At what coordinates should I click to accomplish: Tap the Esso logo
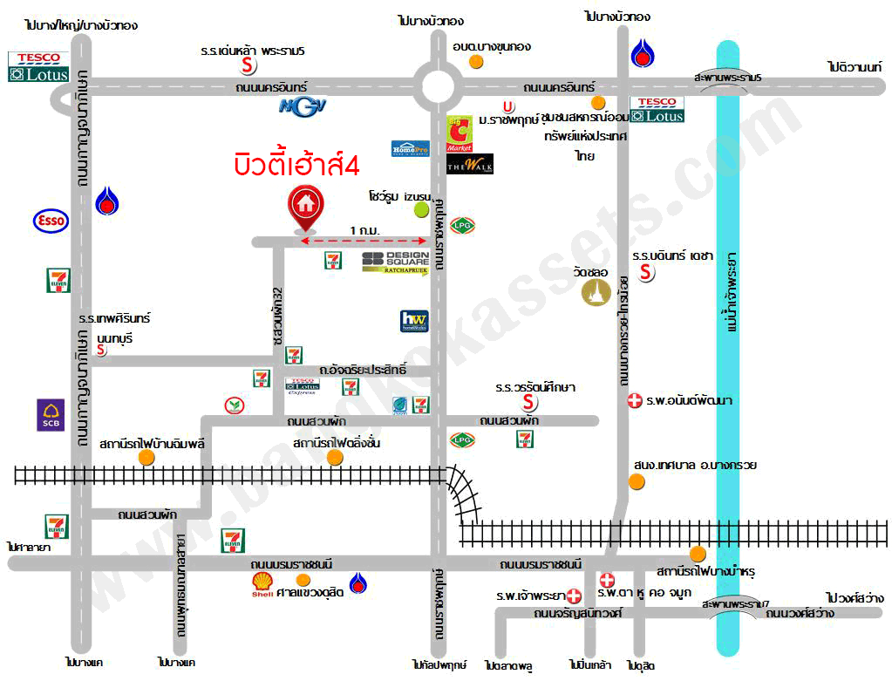coord(51,221)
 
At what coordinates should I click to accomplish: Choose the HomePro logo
coord(410,149)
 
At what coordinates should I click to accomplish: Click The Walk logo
coord(470,164)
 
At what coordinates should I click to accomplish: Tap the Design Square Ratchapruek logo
coord(395,262)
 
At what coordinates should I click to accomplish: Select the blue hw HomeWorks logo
coord(413,321)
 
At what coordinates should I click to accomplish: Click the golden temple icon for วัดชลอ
coord(596,294)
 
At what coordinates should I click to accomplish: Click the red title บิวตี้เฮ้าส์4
coord(296,165)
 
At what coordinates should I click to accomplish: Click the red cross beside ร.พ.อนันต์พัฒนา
coord(635,401)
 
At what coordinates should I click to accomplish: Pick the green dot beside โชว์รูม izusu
coord(421,209)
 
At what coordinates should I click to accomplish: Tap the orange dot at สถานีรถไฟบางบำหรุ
coord(697,554)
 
